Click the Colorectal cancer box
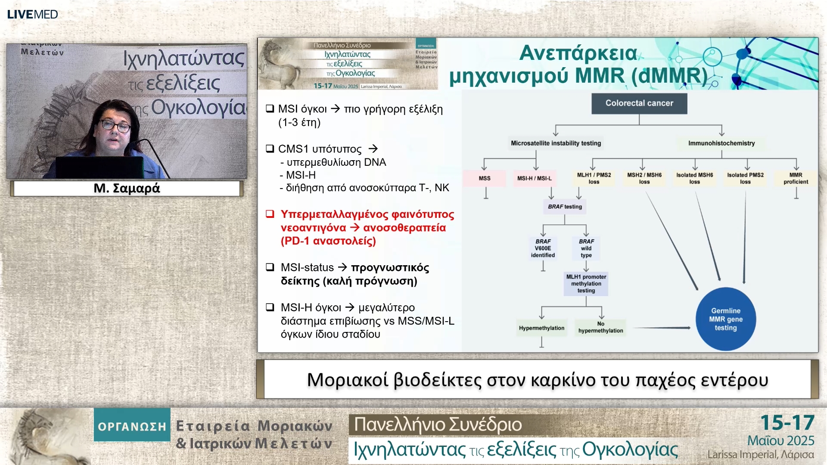[x=639, y=103]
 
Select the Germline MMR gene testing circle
[x=726, y=319]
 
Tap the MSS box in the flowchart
[x=485, y=178]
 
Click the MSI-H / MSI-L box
[x=535, y=178]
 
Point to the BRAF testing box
[x=565, y=207]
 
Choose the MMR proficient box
[x=796, y=178]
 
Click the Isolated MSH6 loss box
[x=695, y=178]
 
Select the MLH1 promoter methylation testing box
[x=586, y=284]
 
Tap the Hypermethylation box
[x=541, y=328]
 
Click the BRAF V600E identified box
[x=543, y=248]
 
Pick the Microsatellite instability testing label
[x=556, y=143]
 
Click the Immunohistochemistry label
[x=721, y=143]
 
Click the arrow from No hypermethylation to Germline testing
[x=662, y=328]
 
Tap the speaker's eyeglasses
[x=115, y=126]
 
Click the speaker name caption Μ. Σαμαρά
[x=127, y=188]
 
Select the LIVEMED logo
[x=32, y=14]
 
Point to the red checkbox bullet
[x=270, y=214]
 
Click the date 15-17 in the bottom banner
[x=787, y=423]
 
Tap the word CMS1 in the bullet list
[x=293, y=149]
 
